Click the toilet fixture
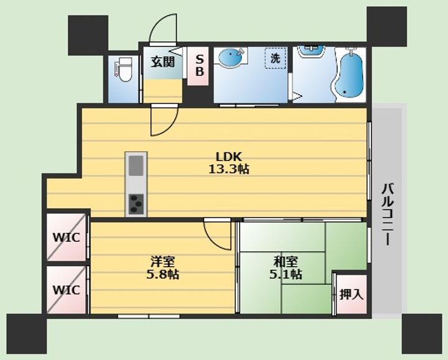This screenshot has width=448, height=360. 124,70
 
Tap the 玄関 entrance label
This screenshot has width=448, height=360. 163,62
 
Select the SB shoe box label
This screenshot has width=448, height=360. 200,65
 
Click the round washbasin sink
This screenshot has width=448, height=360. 230,57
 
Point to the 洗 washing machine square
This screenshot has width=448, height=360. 276,58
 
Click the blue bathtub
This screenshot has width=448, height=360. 349,75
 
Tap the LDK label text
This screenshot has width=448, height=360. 228,157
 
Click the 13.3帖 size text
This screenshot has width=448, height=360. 228,170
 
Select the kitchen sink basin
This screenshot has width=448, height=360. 136,165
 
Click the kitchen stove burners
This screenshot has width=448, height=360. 136,204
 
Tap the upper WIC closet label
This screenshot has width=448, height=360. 67,238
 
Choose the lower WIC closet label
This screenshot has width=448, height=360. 67,290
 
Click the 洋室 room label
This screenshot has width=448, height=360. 163,261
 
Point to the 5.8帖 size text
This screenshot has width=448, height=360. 163,275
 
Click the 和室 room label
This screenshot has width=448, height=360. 286,261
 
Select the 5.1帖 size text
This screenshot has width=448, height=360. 286,275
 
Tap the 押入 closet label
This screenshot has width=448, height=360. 352,294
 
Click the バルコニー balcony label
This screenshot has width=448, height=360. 388,215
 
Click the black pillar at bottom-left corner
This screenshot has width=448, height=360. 27,334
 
